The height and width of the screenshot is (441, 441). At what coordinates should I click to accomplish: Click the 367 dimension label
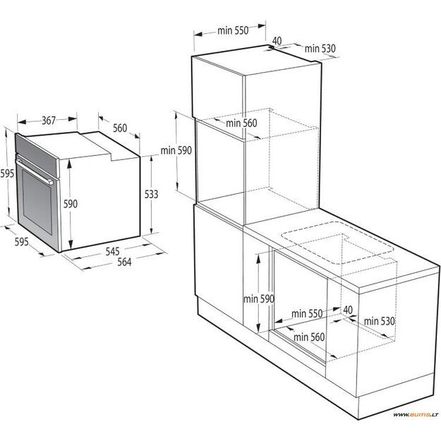48,121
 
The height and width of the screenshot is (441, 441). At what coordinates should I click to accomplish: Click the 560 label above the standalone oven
119,128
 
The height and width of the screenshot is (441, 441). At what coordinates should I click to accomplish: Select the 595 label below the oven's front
22,242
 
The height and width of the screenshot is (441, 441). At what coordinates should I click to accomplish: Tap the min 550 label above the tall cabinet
233,31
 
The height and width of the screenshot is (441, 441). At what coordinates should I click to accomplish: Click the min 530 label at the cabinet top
320,49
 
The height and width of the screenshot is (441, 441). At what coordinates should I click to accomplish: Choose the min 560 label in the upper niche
241,123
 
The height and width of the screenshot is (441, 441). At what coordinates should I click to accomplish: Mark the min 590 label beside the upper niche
176,150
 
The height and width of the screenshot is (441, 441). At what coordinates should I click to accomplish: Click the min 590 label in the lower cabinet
258,298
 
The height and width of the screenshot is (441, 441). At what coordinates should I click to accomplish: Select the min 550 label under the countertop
306,313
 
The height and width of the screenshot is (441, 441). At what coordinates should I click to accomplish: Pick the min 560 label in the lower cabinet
309,337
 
